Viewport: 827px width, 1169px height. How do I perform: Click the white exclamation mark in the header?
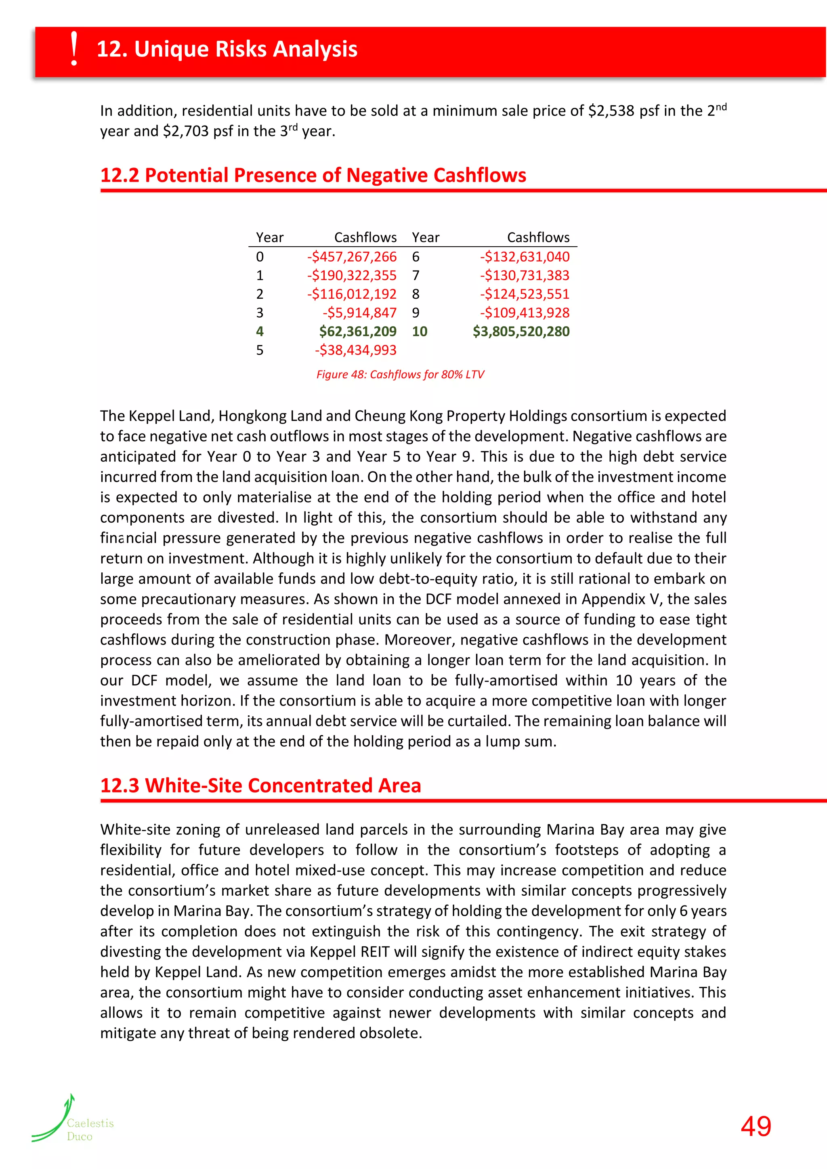tap(74, 49)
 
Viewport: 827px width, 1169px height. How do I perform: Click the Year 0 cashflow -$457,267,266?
tap(351, 257)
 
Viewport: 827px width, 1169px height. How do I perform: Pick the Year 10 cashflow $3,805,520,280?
tap(521, 331)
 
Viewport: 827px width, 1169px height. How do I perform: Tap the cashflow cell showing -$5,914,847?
tap(359, 312)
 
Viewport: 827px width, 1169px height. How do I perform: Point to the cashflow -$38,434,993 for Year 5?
tap(355, 350)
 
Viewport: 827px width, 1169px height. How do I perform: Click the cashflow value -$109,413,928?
tap(525, 312)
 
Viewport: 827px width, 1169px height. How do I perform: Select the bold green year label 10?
tap(420, 331)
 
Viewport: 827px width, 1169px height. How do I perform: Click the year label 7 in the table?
tap(416, 275)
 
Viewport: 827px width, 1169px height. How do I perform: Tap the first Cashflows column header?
tap(365, 237)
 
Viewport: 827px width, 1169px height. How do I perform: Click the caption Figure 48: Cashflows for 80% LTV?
tap(400, 374)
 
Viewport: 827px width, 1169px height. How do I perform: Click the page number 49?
tap(756, 1126)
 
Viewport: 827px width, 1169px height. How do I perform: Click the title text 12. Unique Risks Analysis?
tap(227, 49)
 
